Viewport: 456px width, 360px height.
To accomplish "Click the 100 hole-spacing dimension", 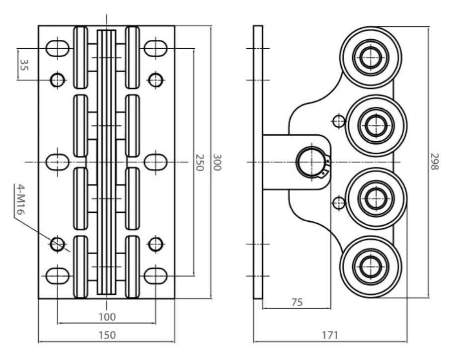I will click(x=107, y=317).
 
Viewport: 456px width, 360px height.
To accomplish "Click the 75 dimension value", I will click(x=297, y=302).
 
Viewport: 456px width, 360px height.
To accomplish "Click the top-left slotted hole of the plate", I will click(x=58, y=48).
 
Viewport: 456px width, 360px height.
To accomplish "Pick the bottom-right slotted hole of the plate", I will click(x=156, y=275).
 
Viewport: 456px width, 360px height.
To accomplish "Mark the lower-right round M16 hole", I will click(x=156, y=244).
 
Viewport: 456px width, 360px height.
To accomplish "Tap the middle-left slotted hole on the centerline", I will click(x=58, y=162).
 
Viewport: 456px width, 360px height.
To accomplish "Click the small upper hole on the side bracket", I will click(x=338, y=120).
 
